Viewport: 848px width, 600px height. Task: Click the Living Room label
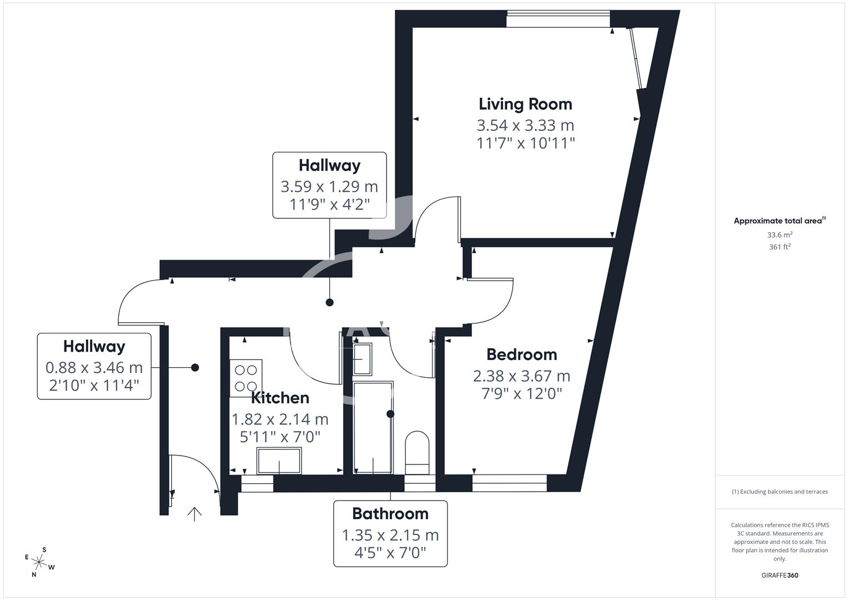tap(525, 104)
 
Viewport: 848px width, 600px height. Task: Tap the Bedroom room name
tap(521, 354)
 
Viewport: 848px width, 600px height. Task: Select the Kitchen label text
tap(280, 398)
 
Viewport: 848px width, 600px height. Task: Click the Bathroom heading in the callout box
tap(390, 513)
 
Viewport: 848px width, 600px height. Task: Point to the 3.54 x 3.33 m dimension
tap(525, 125)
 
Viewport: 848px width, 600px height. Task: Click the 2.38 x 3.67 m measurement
tap(521, 376)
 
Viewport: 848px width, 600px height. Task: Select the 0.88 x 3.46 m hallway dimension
tap(94, 368)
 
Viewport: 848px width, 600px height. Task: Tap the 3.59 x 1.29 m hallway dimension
tap(329, 186)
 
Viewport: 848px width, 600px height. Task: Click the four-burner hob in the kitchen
tap(245, 378)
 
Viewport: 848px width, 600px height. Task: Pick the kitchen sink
tap(279, 461)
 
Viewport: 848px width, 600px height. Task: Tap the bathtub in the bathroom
tap(373, 427)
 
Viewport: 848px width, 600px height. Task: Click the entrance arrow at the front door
tap(194, 514)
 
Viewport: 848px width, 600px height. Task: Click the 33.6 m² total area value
tap(780, 235)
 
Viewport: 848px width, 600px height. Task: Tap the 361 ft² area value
tap(780, 247)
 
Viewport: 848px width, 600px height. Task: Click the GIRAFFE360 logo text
tap(780, 575)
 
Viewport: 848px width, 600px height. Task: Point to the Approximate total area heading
tap(779, 221)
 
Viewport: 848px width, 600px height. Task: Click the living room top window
tap(558, 19)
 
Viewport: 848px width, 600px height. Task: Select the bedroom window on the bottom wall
tap(509, 483)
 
